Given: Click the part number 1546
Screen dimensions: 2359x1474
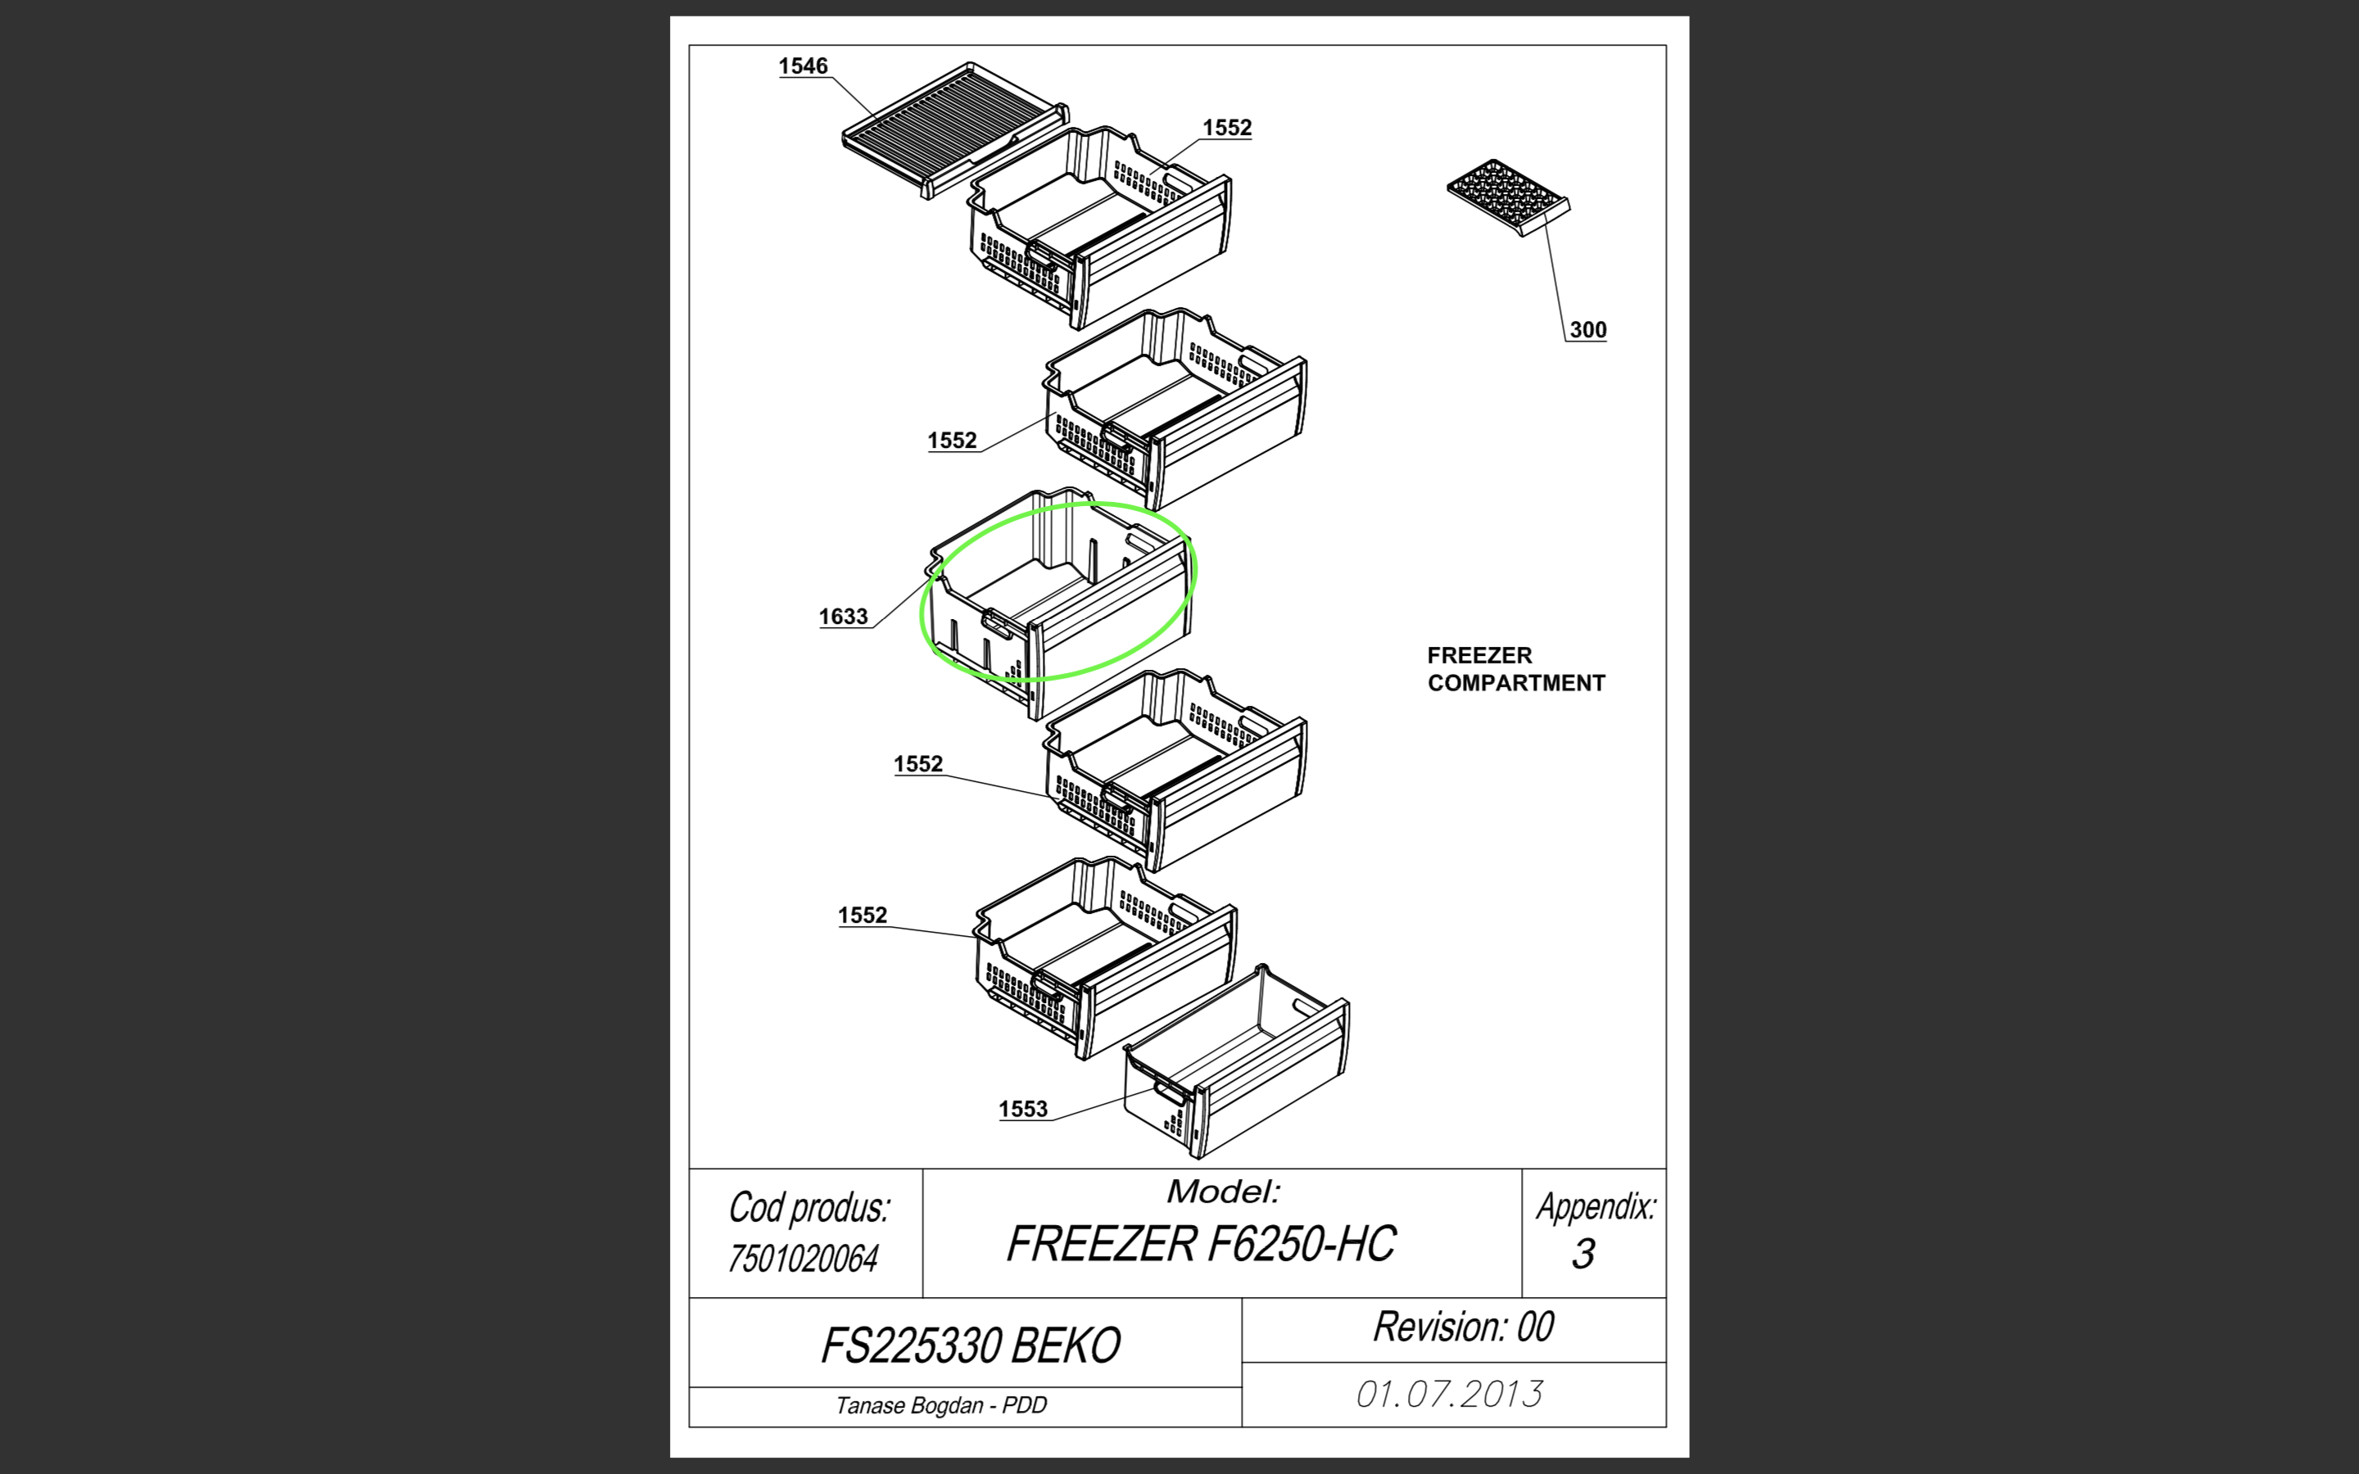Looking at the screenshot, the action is click(x=804, y=66).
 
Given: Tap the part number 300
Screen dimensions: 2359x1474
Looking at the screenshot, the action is click(x=1588, y=329).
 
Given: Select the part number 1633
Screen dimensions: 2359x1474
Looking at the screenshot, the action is click(x=843, y=616).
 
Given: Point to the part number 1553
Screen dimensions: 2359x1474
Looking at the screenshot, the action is click(x=1022, y=1109).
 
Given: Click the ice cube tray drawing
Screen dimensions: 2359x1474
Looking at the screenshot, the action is click(x=1508, y=198).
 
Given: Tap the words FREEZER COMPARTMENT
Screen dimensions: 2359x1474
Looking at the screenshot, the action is click(x=1516, y=669).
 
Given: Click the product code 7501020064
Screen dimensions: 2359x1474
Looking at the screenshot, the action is click(x=804, y=1259).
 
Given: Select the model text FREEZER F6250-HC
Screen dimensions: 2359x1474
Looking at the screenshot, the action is click(x=1201, y=1244).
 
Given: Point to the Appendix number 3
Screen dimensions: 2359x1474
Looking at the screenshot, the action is click(x=1584, y=1254).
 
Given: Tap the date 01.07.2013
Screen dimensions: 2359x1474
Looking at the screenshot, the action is click(x=1450, y=1394).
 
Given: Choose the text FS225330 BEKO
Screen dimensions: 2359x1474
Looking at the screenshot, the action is click(x=971, y=1346).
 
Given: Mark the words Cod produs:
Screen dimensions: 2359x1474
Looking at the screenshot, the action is click(x=809, y=1208).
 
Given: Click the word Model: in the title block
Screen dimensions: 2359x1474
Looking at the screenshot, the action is click(x=1225, y=1191).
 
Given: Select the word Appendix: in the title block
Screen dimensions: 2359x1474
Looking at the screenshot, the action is click(x=1596, y=1207).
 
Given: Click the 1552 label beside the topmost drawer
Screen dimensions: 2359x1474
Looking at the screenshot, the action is click(x=1227, y=128).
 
